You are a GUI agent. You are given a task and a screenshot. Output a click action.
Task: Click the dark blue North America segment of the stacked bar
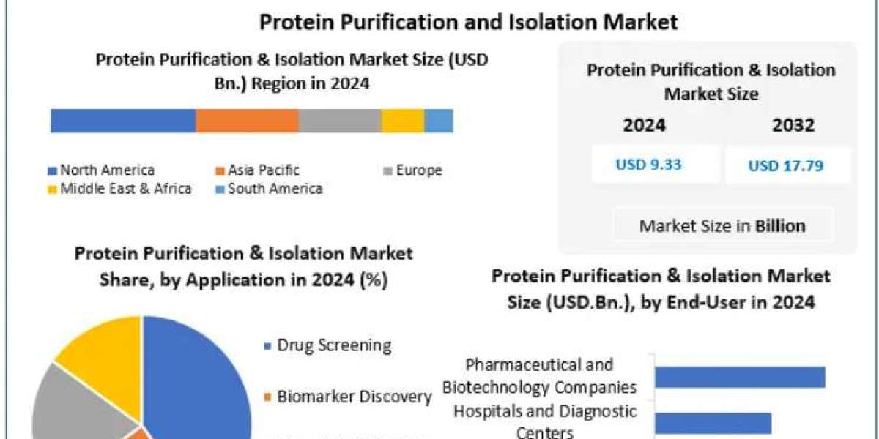coord(123,121)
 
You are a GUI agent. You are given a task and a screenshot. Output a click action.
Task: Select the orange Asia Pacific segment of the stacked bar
coord(248,121)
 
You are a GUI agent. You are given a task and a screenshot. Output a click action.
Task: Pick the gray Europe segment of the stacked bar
coord(340,121)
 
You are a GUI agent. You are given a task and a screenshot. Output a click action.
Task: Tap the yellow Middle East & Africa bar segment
coord(403,121)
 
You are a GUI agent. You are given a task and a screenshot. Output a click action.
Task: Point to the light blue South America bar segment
coord(439,121)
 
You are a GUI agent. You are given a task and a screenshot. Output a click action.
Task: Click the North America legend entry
coord(101,170)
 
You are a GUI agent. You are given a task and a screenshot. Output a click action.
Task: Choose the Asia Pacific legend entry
coord(257,170)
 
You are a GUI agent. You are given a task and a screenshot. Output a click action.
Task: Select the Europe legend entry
coord(413,170)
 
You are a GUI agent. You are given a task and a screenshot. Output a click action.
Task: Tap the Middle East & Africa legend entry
coord(119,189)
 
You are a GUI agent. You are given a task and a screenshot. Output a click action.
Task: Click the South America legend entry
coord(270,189)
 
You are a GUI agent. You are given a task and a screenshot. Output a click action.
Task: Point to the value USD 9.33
coord(649,165)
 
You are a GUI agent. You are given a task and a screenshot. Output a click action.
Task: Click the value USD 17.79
coord(785,166)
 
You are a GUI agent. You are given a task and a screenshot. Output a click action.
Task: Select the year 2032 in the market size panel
coord(793,125)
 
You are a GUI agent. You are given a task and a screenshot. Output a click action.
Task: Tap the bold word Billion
coord(781,226)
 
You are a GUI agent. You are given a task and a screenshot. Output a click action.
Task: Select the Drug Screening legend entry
coord(328,345)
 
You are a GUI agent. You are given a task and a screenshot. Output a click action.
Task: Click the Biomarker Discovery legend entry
coord(349,397)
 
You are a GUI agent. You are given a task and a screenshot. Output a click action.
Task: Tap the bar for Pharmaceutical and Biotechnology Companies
coord(741,377)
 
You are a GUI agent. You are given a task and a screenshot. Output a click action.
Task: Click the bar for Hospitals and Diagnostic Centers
coord(713,424)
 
